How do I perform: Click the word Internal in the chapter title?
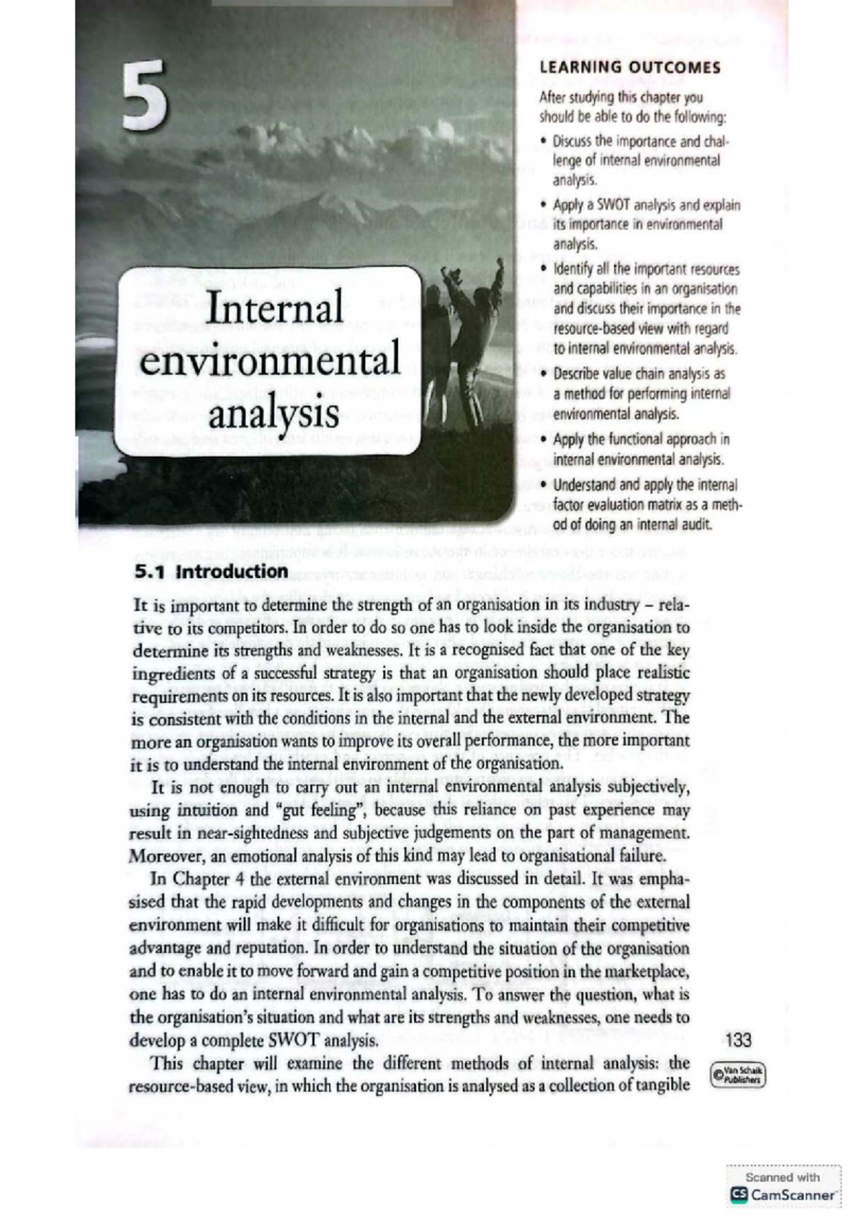pos(274,308)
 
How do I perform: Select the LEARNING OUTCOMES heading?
pos(629,68)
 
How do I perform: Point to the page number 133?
pos(739,1039)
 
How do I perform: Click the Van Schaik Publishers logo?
pos(738,1075)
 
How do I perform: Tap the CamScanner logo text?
pos(792,1195)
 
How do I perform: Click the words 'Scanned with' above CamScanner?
pos(783,1178)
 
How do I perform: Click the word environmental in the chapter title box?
pos(270,361)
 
